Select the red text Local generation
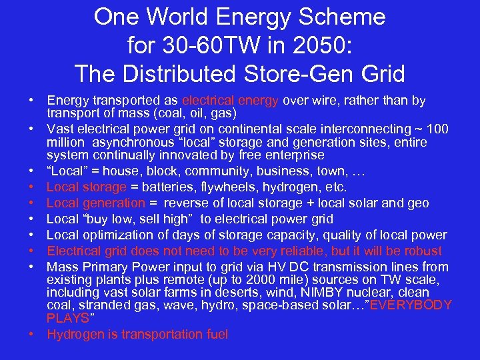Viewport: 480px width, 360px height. point(96,203)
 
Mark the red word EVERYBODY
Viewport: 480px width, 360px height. point(411,305)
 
